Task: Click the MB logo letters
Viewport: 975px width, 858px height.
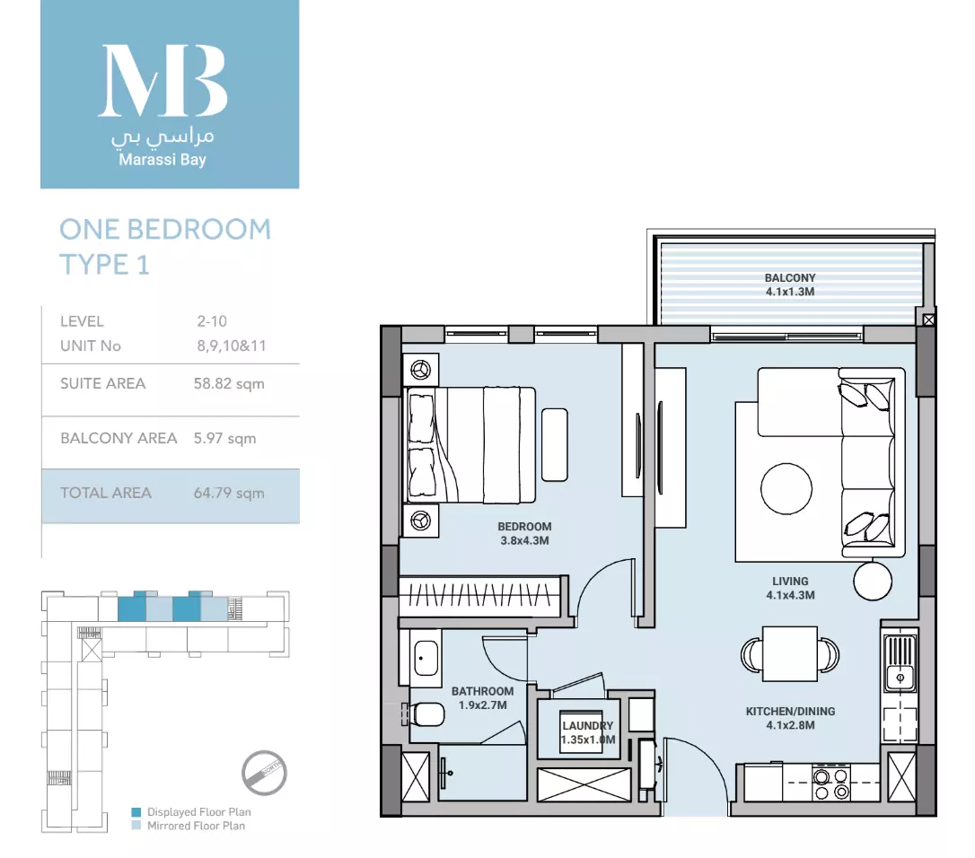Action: point(162,81)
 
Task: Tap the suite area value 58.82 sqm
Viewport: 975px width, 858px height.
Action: point(229,383)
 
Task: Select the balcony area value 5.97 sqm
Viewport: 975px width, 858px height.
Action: point(224,438)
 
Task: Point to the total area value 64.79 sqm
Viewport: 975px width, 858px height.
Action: point(229,493)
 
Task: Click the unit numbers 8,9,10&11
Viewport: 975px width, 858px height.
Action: point(232,346)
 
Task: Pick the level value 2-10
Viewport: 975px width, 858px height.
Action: point(212,321)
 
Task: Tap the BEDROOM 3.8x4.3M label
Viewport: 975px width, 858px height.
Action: point(524,533)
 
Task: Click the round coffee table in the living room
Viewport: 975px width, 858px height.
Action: point(786,489)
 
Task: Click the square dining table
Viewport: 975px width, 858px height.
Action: point(790,654)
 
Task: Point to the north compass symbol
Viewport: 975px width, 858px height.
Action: point(264,773)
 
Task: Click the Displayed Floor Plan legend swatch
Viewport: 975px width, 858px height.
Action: point(136,812)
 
